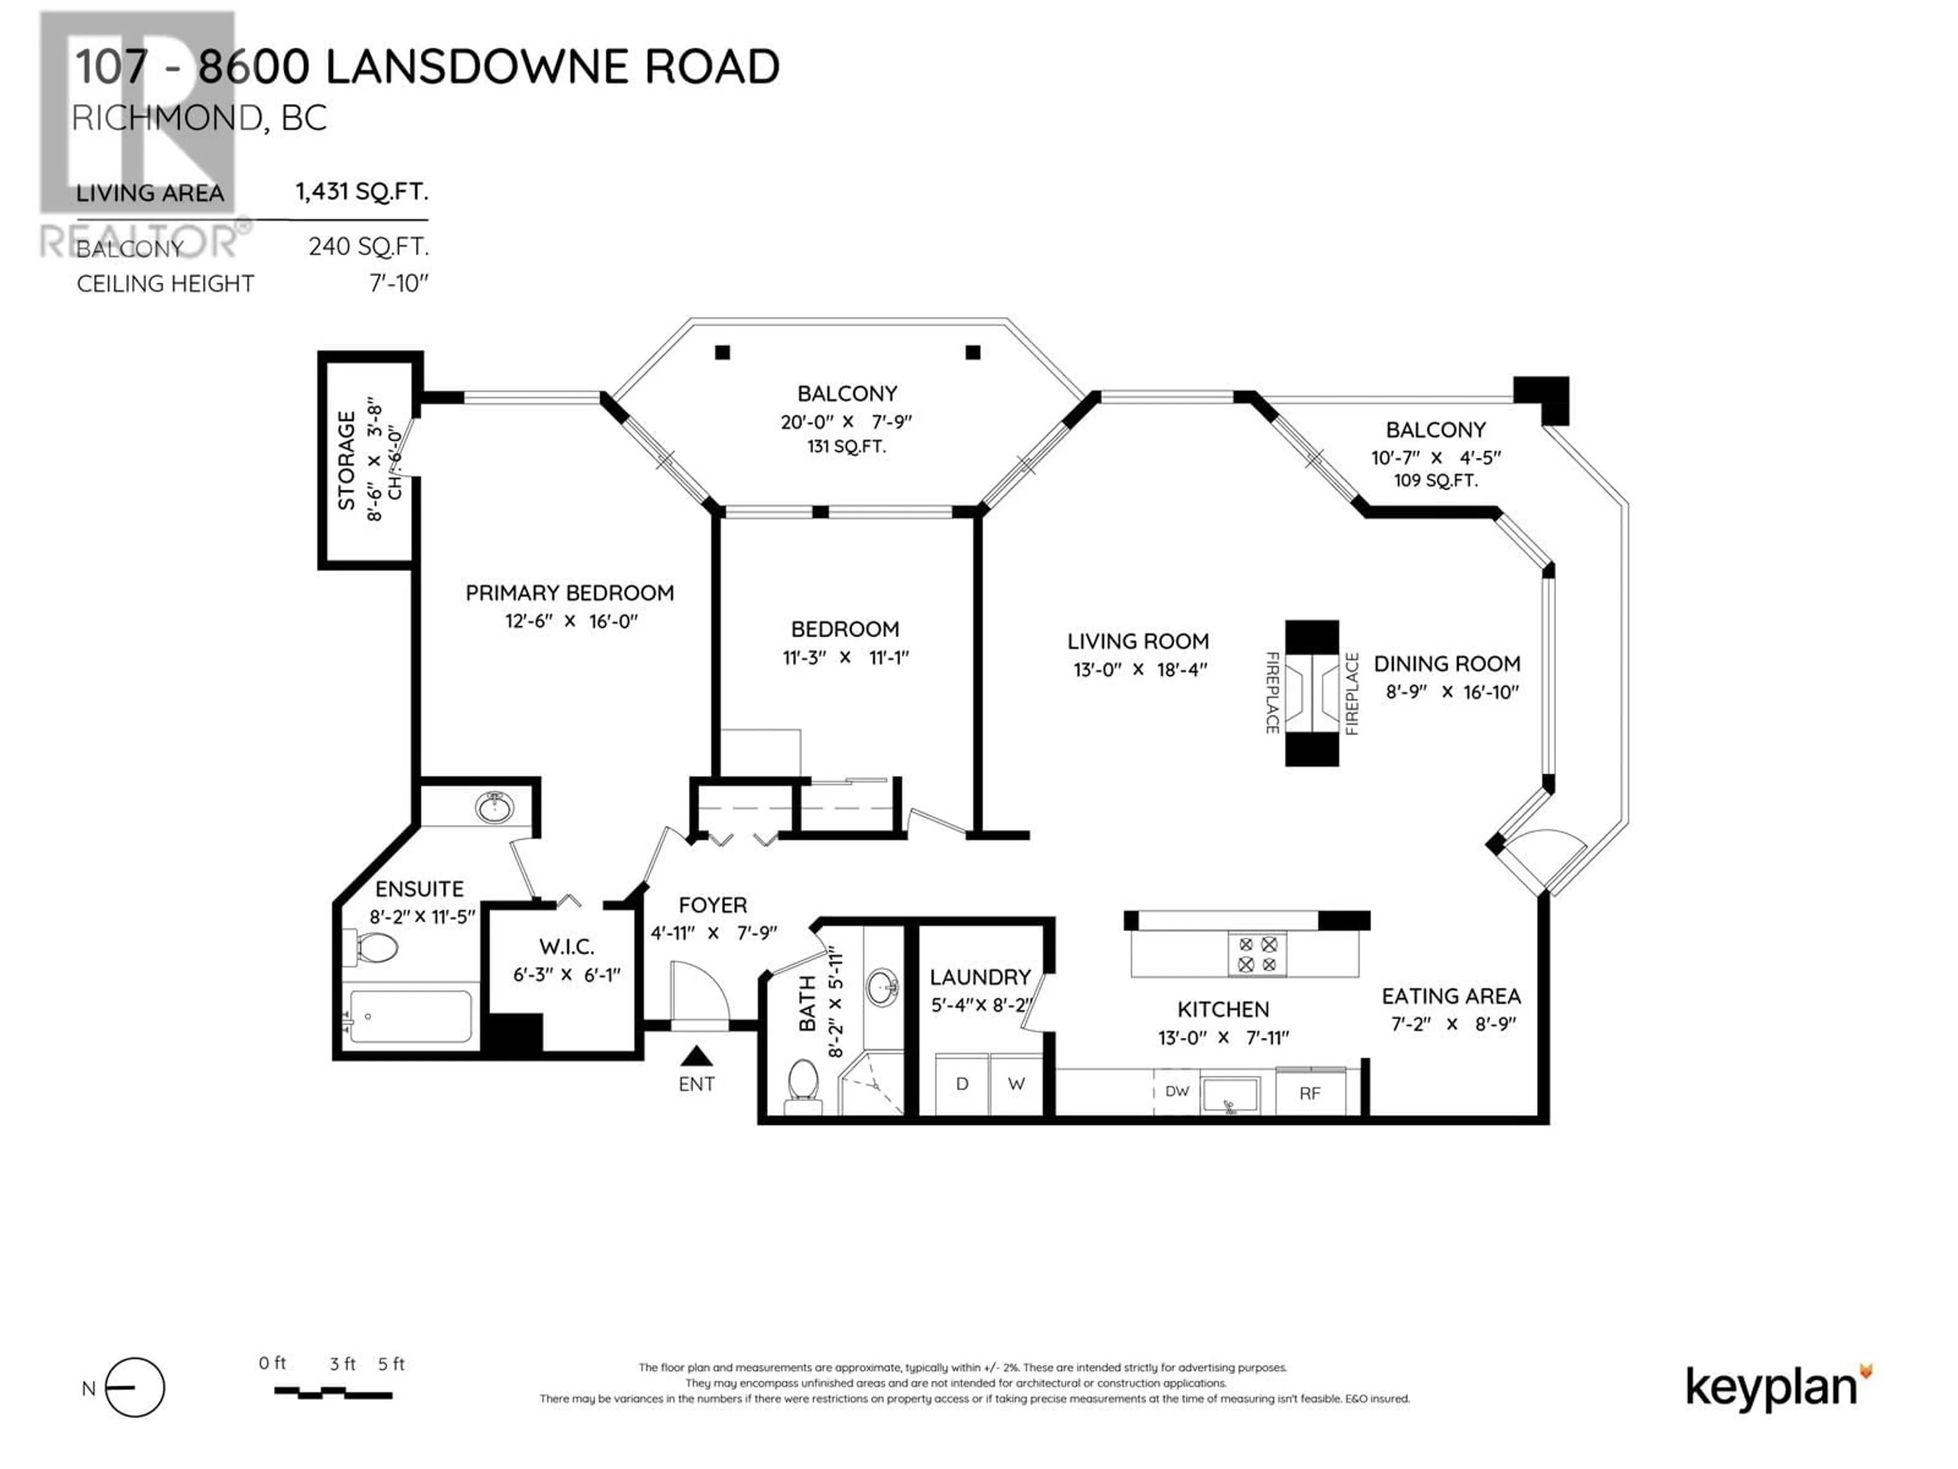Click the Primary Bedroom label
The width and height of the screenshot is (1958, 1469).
569,593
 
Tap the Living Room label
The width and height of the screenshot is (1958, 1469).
1138,641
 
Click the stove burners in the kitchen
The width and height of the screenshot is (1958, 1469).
1257,954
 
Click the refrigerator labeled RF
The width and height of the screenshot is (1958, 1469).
1310,1093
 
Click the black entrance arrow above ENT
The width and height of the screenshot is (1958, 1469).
697,1055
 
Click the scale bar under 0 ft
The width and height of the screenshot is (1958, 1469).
333,1393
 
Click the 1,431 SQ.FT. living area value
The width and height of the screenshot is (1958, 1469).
361,191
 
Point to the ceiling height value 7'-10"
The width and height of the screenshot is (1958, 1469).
399,284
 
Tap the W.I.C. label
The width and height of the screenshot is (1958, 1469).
566,947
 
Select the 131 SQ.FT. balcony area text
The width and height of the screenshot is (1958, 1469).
846,446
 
